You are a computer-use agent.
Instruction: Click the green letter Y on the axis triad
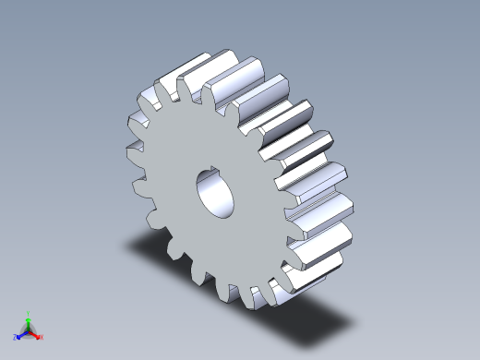[29, 313]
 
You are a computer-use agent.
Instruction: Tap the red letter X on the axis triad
[42, 337]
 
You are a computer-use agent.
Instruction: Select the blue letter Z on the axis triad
[16, 337]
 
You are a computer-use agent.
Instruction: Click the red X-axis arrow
[35, 333]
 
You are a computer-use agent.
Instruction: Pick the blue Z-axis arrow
[22, 333]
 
